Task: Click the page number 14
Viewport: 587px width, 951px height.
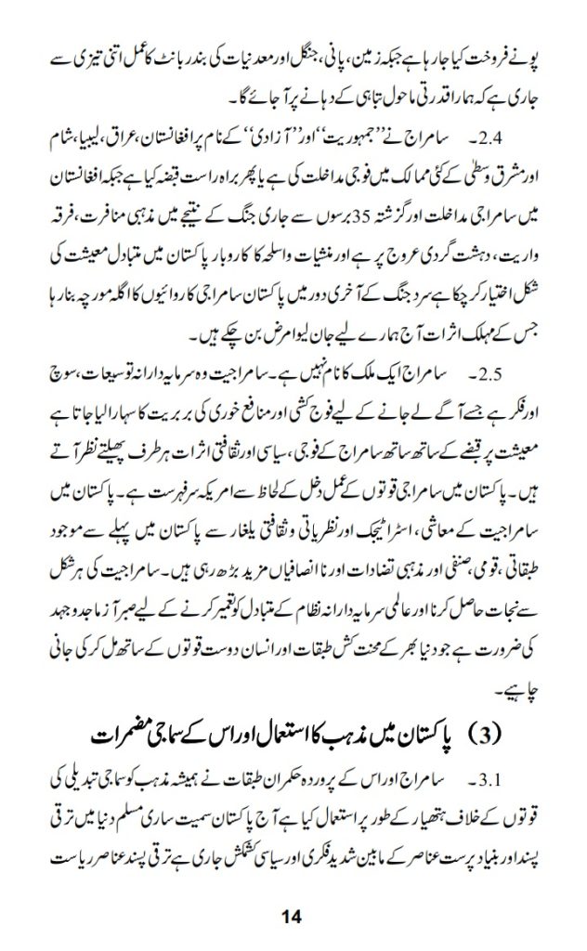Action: [293, 918]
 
